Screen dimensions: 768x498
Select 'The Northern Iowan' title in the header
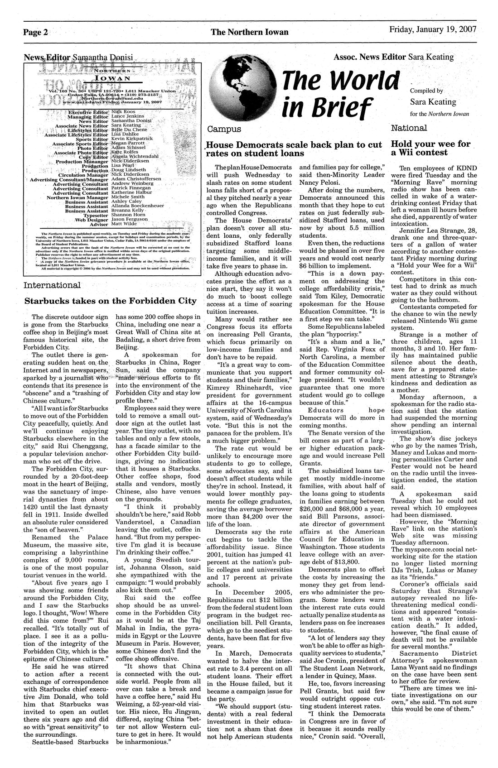coord(249,32)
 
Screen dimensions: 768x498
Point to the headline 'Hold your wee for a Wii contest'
coord(430,148)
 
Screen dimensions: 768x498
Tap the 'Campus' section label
coord(224,130)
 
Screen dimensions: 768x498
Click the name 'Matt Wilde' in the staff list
coord(123,224)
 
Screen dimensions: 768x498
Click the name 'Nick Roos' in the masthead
coord(120,111)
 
